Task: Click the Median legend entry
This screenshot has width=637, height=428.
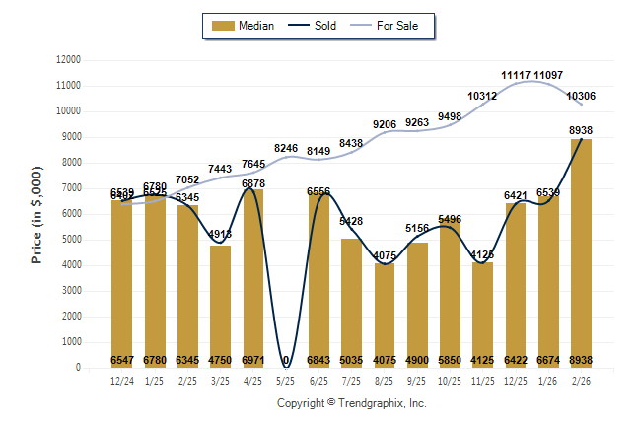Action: click(245, 26)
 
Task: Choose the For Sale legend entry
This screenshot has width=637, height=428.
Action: click(390, 26)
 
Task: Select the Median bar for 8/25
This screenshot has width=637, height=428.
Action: click(384, 315)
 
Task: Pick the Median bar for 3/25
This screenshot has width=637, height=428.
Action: click(220, 306)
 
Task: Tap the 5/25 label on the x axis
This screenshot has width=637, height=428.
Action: click(286, 380)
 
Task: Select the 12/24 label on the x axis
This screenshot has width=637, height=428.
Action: click(121, 380)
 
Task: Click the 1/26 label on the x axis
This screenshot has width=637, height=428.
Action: click(548, 380)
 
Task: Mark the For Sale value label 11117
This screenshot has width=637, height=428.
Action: click(516, 75)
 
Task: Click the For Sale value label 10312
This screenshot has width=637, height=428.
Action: click(482, 96)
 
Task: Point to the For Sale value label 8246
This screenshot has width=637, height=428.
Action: click(286, 148)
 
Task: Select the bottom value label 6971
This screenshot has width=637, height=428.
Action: click(252, 361)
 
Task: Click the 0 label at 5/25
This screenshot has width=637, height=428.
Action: click(286, 361)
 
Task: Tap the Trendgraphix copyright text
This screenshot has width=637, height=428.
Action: click(351, 403)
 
